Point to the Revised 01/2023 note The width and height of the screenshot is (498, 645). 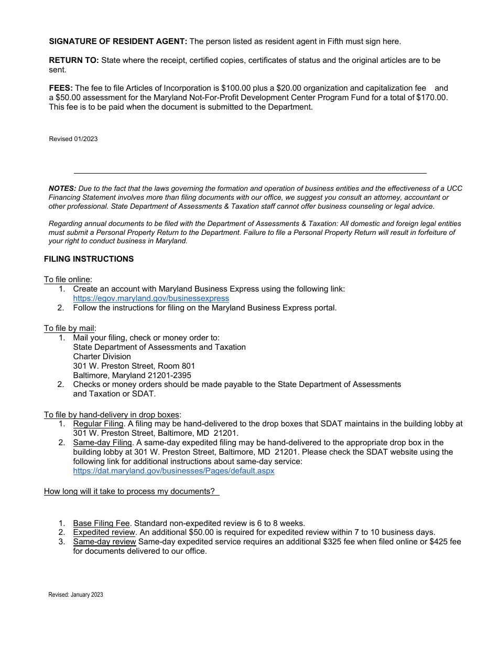[73, 139]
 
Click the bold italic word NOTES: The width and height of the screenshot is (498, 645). [62, 188]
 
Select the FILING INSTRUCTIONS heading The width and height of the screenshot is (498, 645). [89, 259]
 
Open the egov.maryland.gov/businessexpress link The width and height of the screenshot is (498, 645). [151, 298]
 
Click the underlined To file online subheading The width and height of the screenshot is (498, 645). [68, 279]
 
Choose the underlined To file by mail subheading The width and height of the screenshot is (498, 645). [69, 328]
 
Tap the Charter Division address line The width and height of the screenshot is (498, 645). [102, 357]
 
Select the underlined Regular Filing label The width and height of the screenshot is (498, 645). [98, 424]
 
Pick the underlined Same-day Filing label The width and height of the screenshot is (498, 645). [102, 443]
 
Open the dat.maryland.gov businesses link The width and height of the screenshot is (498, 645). [174, 471]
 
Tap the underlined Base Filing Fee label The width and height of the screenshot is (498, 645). [101, 523]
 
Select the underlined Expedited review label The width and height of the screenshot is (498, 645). [104, 532]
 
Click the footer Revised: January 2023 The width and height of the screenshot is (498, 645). [75, 595]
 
